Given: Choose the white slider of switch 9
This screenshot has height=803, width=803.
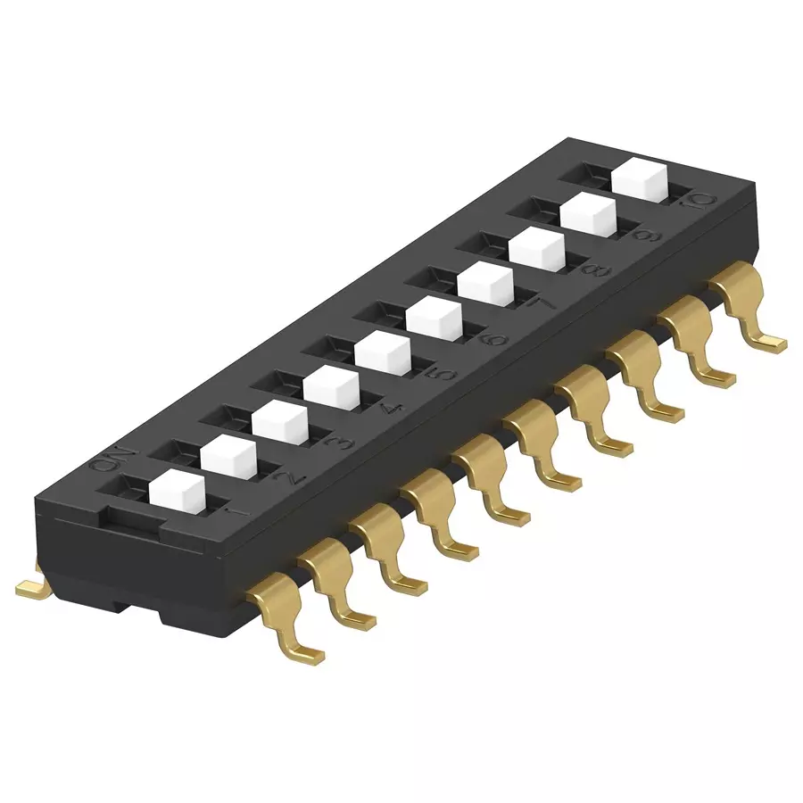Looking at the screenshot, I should [589, 212].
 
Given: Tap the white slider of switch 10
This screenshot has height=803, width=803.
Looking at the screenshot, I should [642, 177].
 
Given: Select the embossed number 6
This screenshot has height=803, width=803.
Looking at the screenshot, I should [494, 338].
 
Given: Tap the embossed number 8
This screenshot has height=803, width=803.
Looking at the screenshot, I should [596, 269].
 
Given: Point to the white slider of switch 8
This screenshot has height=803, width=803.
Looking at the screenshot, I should [537, 247].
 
